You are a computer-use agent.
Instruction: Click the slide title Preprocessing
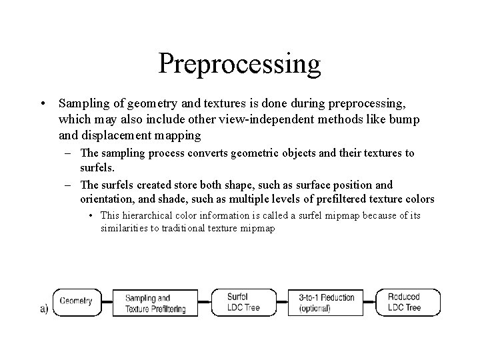click(240, 64)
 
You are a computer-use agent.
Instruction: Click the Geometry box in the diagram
click(76, 301)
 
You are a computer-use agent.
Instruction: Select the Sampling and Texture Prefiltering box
click(155, 303)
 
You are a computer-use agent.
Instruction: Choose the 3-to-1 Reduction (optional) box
click(327, 302)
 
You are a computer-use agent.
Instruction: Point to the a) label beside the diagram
click(44, 309)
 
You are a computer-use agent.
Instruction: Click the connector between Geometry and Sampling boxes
click(107, 301)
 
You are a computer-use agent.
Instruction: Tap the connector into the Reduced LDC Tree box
click(371, 302)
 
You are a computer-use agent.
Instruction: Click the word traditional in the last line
click(191, 228)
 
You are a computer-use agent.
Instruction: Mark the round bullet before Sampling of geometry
click(43, 104)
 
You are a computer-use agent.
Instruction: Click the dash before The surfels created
click(69, 185)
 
